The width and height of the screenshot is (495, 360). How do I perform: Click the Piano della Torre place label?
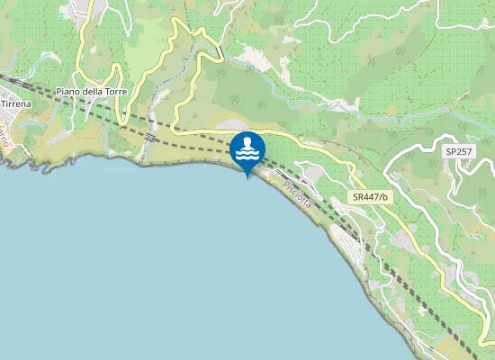pyautogui.click(x=91, y=92)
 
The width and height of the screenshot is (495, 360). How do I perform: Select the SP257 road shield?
pyautogui.click(x=459, y=152)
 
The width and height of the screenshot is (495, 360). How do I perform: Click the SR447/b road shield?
pyautogui.click(x=370, y=197)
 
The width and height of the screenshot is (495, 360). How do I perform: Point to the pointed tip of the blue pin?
pyautogui.click(x=247, y=177)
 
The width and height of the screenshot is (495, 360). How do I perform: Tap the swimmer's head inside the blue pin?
pyautogui.click(x=247, y=142)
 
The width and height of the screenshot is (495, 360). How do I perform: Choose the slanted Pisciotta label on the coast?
pyautogui.click(x=298, y=195)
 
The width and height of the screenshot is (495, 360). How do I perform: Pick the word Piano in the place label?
pyautogui.click(x=68, y=92)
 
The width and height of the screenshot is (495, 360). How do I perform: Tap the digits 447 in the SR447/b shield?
pyautogui.click(x=371, y=197)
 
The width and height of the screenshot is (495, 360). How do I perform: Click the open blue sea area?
pyautogui.click(x=135, y=270)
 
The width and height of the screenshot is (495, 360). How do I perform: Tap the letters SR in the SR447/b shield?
pyautogui.click(x=358, y=197)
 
